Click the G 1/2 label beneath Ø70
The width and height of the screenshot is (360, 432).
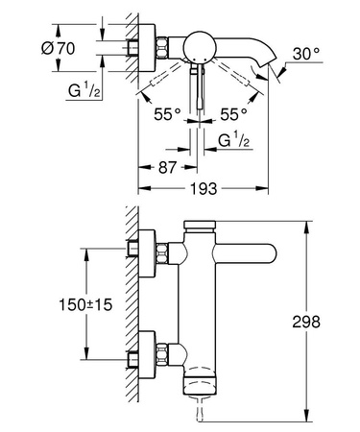(x=84, y=91)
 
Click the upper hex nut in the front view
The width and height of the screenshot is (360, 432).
(x=166, y=254)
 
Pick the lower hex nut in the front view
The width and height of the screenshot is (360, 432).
(x=166, y=352)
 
